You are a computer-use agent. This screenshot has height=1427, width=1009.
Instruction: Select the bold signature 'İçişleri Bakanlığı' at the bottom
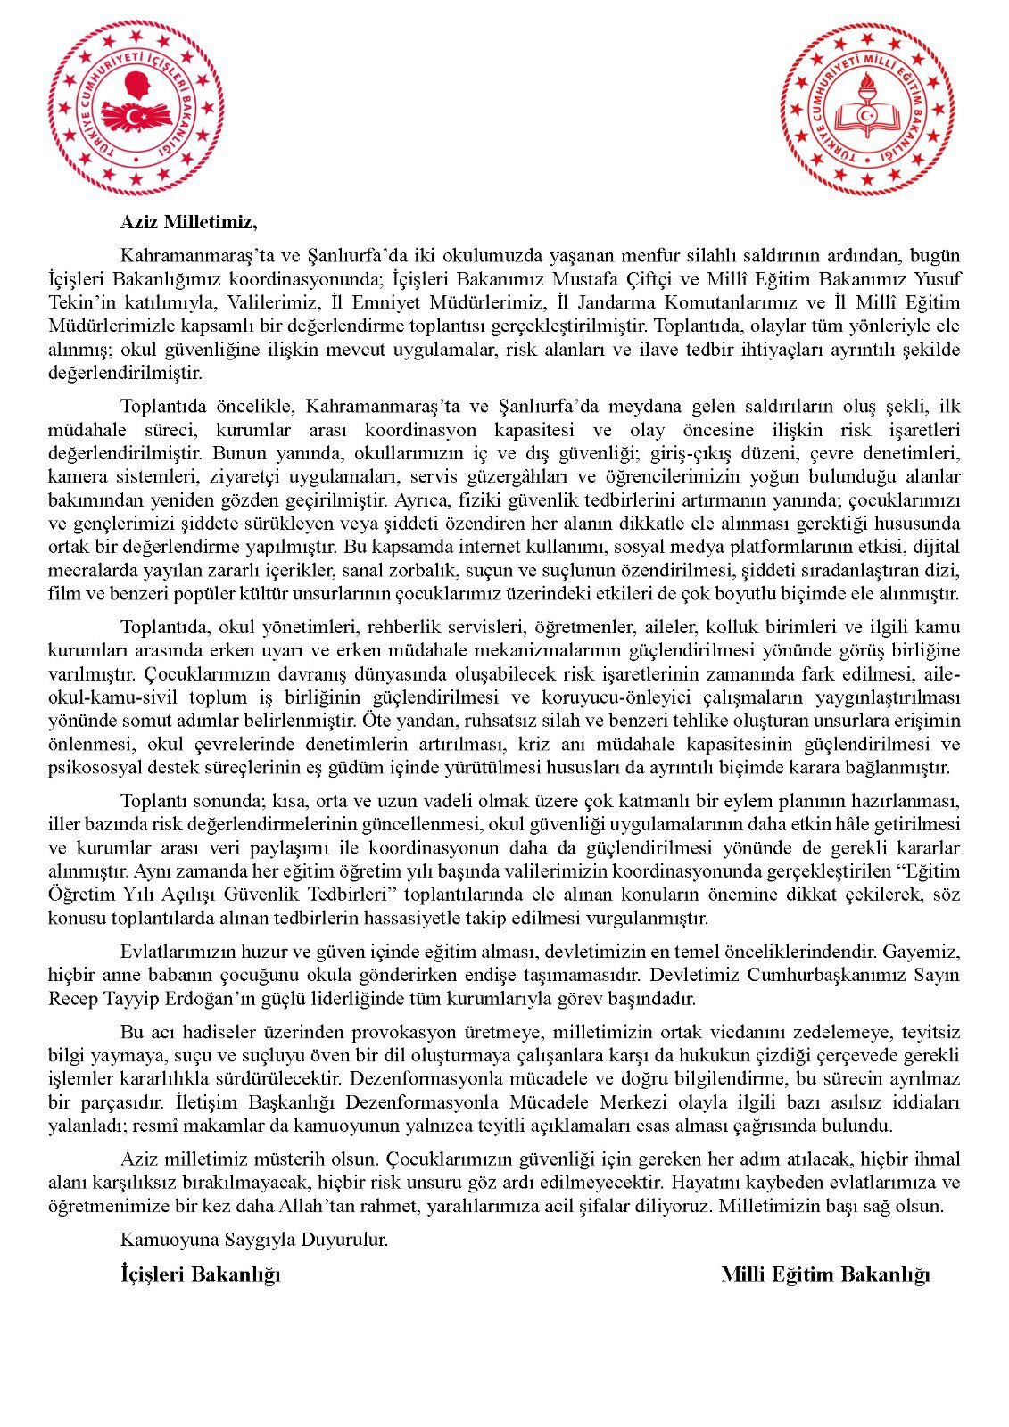pyautogui.click(x=200, y=1274)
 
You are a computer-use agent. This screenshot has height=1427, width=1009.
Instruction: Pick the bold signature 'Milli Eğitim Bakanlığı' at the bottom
pyautogui.click(x=825, y=1274)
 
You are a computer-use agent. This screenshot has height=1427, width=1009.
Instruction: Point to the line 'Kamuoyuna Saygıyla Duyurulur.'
pyautogui.click(x=254, y=1240)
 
